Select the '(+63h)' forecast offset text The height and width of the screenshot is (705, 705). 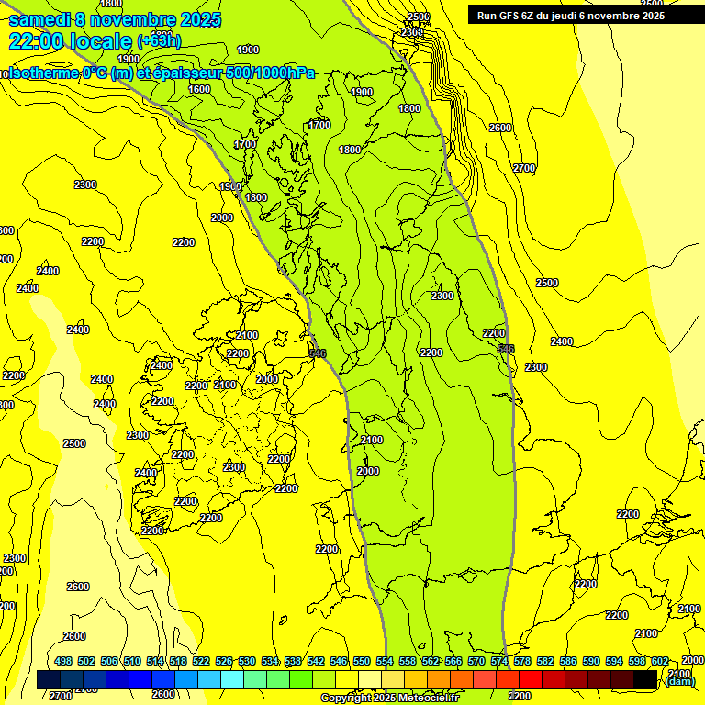pos(159,41)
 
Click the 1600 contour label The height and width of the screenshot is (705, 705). pos(199,89)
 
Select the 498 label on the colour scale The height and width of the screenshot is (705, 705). pos(63,661)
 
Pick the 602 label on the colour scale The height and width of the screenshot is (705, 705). pos(660,661)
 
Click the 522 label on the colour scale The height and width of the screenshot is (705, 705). pos(201,661)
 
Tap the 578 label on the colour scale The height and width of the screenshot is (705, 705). pos(522,661)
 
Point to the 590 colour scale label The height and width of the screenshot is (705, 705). pos(591,661)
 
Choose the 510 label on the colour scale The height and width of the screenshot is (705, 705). pos(132,661)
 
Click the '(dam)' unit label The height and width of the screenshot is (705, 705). pos(680,680)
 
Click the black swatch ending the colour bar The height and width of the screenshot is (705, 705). pos(645,679)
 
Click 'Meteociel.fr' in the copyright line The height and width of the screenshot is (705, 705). pos(429,699)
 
